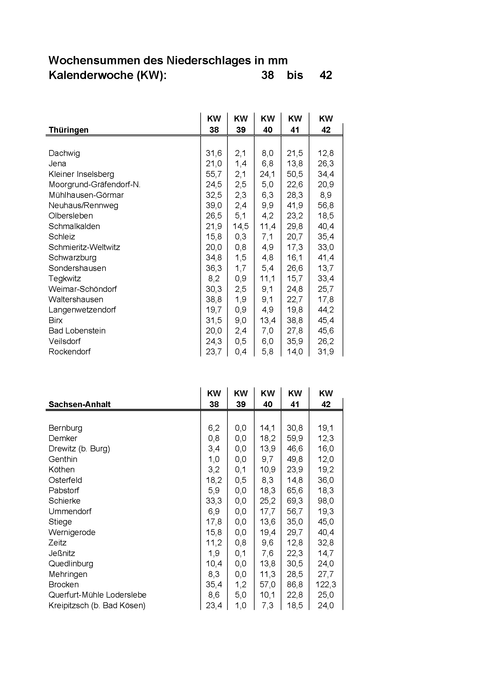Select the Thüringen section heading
click(x=68, y=130)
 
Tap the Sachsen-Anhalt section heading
click(x=80, y=404)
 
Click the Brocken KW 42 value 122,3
click(x=326, y=584)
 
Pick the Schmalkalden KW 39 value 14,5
click(x=240, y=226)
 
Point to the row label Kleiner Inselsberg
click(x=81, y=174)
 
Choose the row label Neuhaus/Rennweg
click(x=83, y=205)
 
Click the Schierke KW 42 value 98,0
click(x=326, y=501)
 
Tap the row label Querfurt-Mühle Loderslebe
click(x=98, y=595)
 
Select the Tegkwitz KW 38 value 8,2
click(x=214, y=279)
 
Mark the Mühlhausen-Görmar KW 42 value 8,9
click(x=326, y=195)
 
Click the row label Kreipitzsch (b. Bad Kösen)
click(x=97, y=605)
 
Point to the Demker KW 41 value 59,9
click(x=295, y=438)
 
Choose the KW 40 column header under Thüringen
click(x=268, y=124)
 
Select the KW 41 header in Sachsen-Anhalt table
click(x=295, y=399)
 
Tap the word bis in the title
click(x=295, y=75)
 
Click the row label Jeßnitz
click(x=62, y=553)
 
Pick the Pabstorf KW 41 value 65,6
click(x=295, y=490)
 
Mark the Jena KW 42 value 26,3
click(x=326, y=164)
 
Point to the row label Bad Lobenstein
click(x=77, y=331)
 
